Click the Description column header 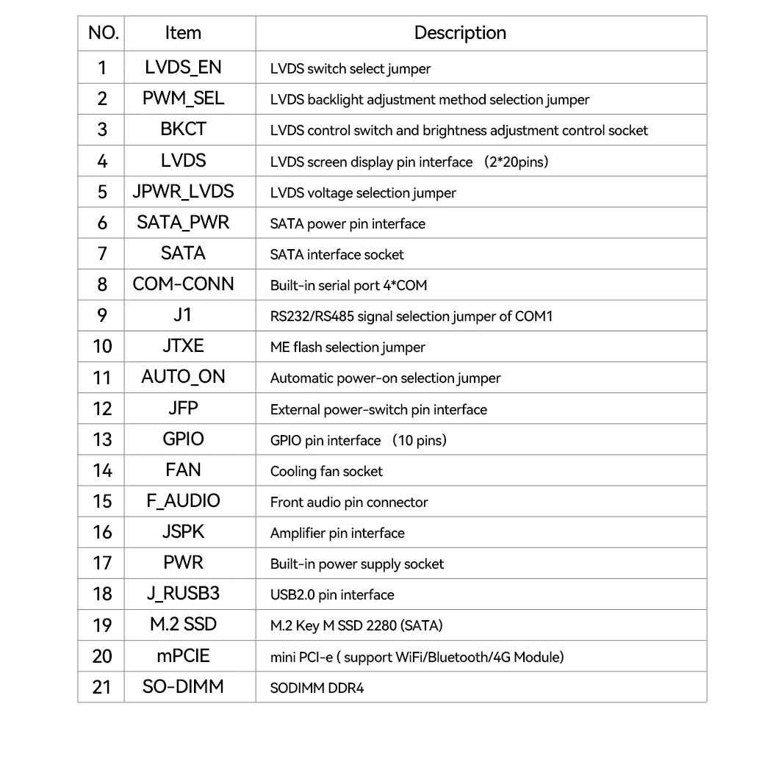[460, 33]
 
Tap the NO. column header [103, 33]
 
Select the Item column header [183, 33]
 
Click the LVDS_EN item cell [183, 68]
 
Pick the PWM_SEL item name [183, 98]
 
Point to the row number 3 [102, 129]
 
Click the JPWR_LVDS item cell [183, 192]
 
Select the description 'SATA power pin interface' [348, 224]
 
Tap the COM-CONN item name [183, 284]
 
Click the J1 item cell [183, 315]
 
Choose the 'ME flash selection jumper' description [348, 348]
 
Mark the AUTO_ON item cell [183, 377]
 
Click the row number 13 [102, 439]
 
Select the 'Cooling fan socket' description [326, 472]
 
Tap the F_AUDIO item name [183, 501]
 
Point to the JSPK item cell [183, 532]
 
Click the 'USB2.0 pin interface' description [332, 595]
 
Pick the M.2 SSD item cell [183, 625]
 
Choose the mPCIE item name [183, 655]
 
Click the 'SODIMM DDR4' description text [317, 688]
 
